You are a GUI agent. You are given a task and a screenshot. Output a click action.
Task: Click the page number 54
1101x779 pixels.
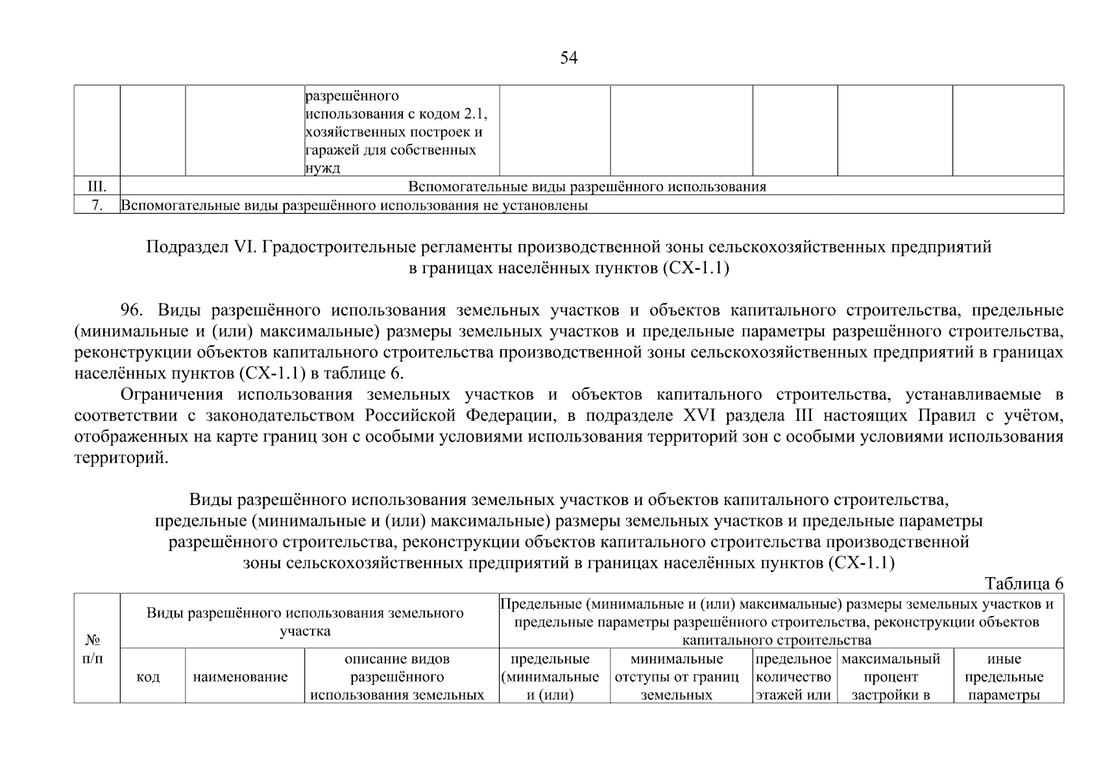(568, 58)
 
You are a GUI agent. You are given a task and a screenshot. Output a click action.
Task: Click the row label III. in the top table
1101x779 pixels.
(97, 187)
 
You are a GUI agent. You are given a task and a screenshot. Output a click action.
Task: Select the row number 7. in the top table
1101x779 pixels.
(97, 206)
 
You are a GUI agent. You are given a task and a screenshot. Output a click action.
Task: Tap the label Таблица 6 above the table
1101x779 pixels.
(1024, 584)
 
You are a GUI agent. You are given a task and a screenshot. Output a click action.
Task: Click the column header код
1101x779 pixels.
(149, 677)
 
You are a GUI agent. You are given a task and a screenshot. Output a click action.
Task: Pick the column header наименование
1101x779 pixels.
(241, 677)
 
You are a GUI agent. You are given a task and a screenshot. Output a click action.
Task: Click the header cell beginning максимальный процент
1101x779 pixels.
(893, 677)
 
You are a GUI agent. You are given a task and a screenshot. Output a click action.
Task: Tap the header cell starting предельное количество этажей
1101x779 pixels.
(794, 677)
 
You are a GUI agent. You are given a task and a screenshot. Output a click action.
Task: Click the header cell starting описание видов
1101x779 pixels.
(397, 677)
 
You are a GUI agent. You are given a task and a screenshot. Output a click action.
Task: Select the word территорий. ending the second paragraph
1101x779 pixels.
(121, 458)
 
